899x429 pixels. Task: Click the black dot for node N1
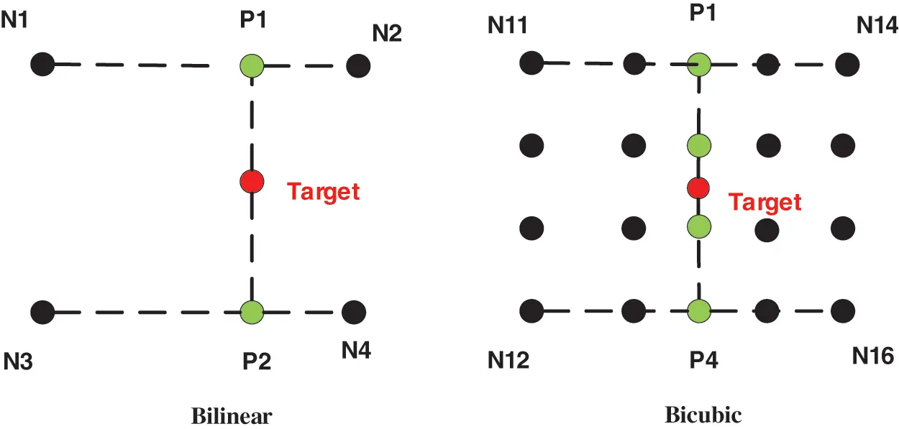pyautogui.click(x=43, y=64)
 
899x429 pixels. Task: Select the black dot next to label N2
pyautogui.click(x=357, y=66)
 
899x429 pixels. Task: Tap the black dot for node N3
pyautogui.click(x=43, y=312)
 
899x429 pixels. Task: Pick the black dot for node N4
pyautogui.click(x=353, y=312)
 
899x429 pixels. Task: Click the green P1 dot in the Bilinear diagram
pyautogui.click(x=251, y=65)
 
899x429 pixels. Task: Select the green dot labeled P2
pyautogui.click(x=252, y=312)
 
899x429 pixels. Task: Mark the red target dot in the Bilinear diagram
pyautogui.click(x=251, y=181)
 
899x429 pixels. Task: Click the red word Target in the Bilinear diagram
pyautogui.click(x=323, y=191)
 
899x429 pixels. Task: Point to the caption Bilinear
pyautogui.click(x=232, y=416)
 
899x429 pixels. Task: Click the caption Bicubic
pyautogui.click(x=703, y=415)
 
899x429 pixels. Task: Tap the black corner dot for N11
pyautogui.click(x=531, y=63)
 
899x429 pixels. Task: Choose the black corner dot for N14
pyautogui.click(x=845, y=64)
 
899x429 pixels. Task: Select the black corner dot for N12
pyautogui.click(x=531, y=311)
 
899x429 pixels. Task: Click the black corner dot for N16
pyautogui.click(x=843, y=311)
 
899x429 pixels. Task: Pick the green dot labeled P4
pyautogui.click(x=699, y=311)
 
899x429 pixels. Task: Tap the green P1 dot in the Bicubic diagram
pyautogui.click(x=699, y=64)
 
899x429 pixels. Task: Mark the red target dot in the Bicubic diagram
pyautogui.click(x=698, y=188)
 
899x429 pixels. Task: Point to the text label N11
pyautogui.click(x=508, y=27)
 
